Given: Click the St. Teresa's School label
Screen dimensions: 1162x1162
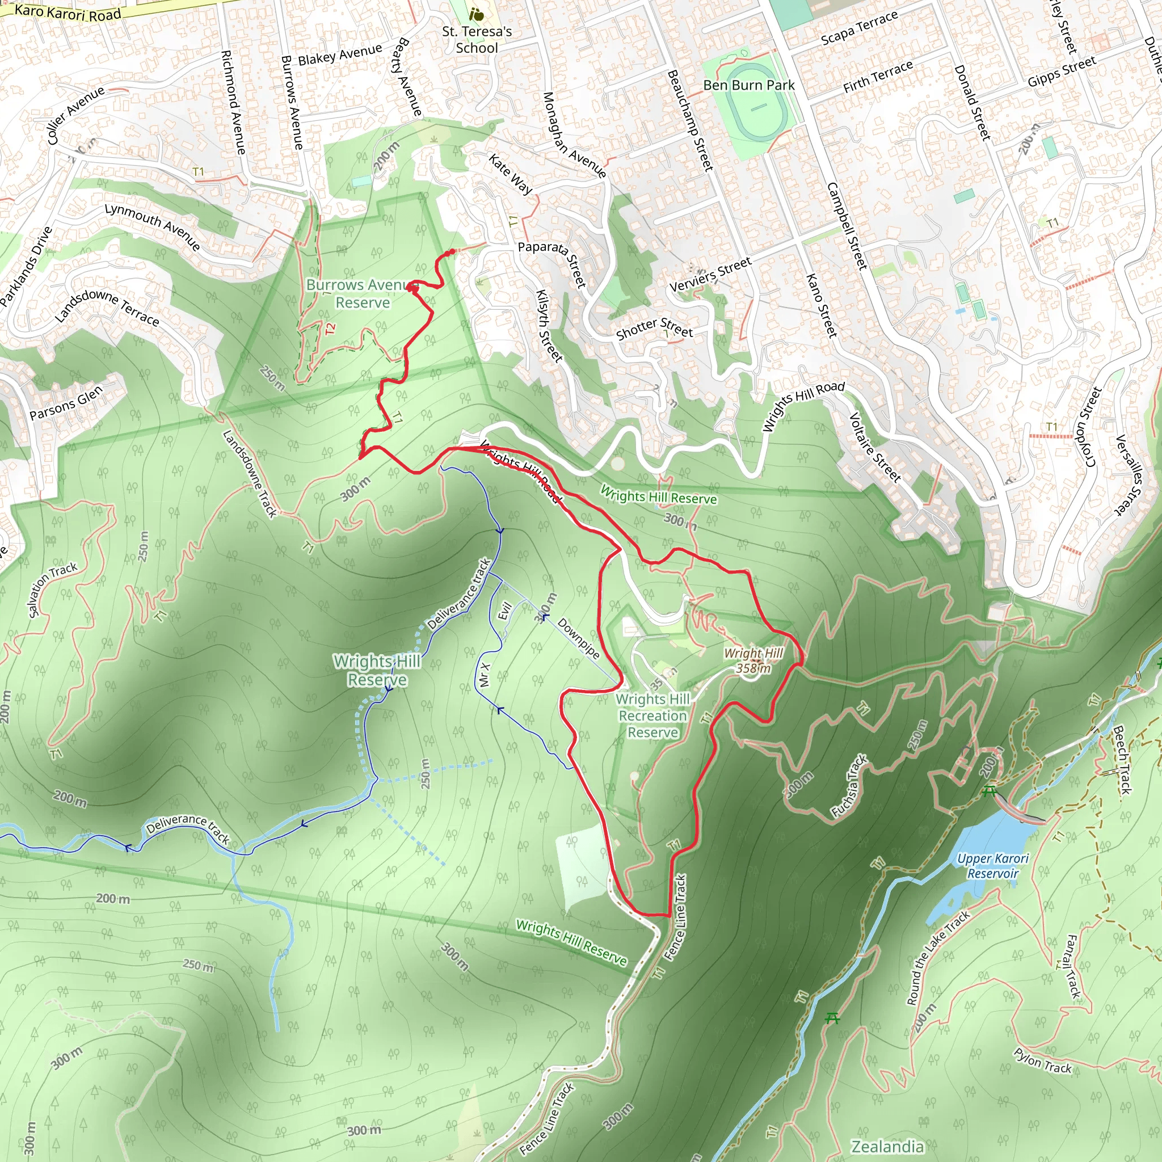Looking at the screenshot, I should click(x=477, y=40).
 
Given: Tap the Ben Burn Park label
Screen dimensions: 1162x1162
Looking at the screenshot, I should click(x=749, y=86).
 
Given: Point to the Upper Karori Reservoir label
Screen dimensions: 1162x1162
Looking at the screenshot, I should click(x=992, y=866).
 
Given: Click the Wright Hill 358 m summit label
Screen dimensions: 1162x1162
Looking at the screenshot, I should click(x=753, y=660).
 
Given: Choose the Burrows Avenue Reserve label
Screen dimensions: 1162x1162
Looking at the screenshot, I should click(x=362, y=293).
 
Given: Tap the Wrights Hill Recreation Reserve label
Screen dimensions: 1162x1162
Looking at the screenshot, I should click(x=652, y=715).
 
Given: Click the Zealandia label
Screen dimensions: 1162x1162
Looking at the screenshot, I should click(x=887, y=1146).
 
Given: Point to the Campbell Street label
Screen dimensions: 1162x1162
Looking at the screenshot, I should click(x=848, y=226).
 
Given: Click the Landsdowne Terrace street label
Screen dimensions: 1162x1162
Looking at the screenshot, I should click(x=107, y=307).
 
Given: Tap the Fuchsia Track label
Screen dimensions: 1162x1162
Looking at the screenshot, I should click(x=849, y=785).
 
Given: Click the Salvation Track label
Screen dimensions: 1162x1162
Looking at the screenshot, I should click(x=53, y=589).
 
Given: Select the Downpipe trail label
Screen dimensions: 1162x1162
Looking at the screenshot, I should click(x=578, y=638).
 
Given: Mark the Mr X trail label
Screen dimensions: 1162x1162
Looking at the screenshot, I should click(x=484, y=675).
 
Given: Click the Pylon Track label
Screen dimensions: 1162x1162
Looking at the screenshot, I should click(x=1043, y=1060).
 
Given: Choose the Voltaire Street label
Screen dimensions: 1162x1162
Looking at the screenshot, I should click(x=874, y=448).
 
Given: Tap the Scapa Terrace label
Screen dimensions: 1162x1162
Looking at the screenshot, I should click(x=860, y=28).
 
